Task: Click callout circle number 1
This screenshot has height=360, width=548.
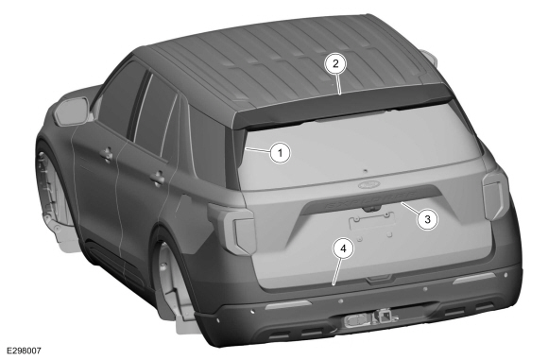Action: pos(280,153)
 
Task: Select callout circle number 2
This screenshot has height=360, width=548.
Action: pos(335,63)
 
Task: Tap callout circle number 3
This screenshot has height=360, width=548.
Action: pos(427,219)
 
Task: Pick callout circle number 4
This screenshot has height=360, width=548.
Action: pos(343,249)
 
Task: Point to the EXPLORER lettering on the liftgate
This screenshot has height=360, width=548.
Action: pos(371,199)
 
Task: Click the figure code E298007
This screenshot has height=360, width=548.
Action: pos(22,351)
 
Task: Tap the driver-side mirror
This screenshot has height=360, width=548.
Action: pos(73,111)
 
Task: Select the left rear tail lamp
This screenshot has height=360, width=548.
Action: pos(231,227)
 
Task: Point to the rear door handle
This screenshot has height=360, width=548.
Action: pos(158,178)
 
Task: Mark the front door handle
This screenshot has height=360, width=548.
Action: pos(107,154)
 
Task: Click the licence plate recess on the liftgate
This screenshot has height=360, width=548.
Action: pos(372,221)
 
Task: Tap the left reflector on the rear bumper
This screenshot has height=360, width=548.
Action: pos(287,305)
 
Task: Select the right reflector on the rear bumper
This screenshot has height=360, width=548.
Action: pos(474,278)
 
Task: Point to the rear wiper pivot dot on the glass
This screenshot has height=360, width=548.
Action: pos(366,171)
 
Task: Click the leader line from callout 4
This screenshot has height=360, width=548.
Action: pos(337,271)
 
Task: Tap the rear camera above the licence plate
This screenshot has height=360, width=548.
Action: pos(372,209)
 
